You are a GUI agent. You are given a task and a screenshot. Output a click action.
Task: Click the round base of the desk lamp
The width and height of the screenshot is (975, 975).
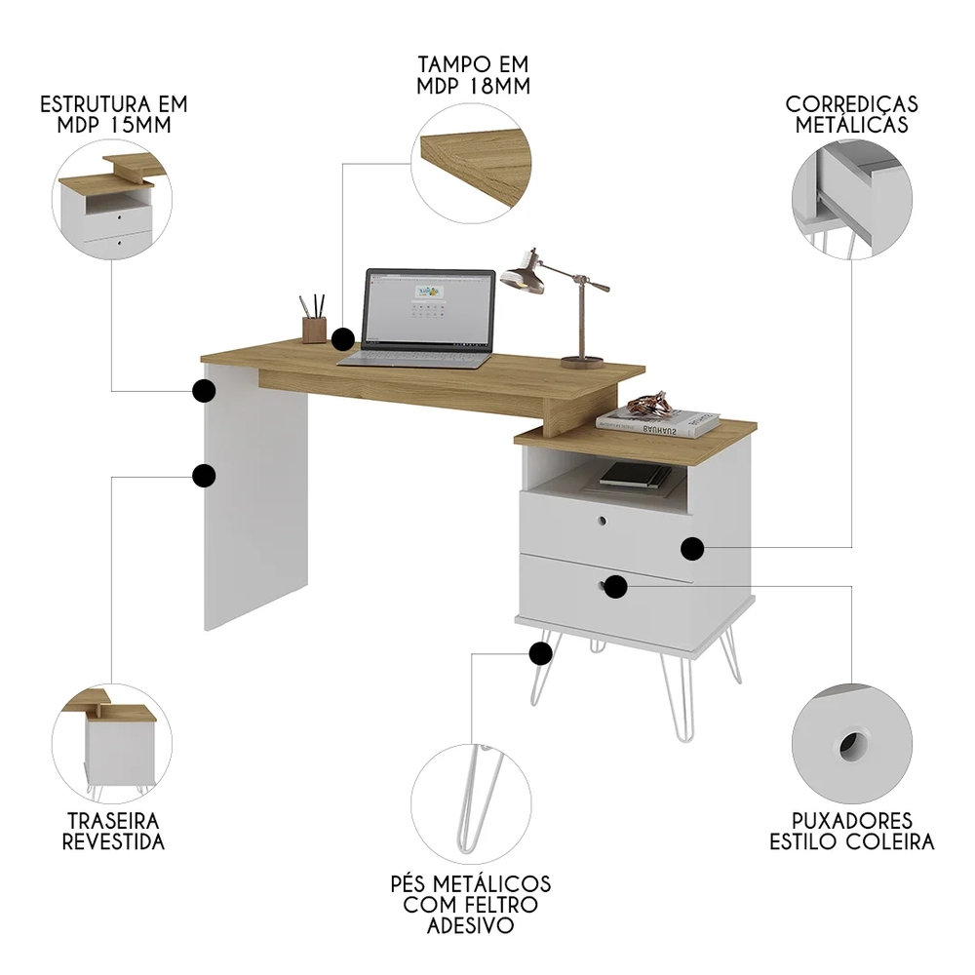click(x=582, y=363)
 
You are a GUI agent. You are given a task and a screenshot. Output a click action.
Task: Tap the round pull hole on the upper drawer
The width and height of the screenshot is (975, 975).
click(x=602, y=522)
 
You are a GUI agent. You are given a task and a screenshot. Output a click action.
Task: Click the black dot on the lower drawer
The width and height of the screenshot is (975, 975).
click(x=614, y=586)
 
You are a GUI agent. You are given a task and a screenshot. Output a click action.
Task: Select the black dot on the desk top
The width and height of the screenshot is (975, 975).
click(x=342, y=339)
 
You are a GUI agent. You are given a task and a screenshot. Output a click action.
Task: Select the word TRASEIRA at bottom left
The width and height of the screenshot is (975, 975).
click(x=113, y=821)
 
